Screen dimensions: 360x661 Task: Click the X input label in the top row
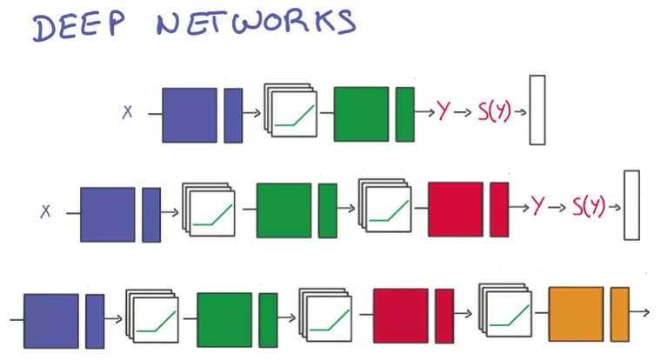coord(127,111)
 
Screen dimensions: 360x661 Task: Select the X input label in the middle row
coord(46,210)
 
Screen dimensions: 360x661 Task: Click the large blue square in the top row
coord(189,114)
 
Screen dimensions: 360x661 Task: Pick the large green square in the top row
coord(361,113)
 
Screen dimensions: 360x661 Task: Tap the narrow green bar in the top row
coord(404,114)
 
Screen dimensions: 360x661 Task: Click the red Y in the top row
coord(444,110)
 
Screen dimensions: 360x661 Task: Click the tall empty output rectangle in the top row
coord(537,110)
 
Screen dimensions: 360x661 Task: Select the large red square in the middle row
coord(455,210)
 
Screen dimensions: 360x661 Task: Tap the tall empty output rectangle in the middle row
coord(631,205)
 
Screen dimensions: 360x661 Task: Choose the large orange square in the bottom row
coord(575,314)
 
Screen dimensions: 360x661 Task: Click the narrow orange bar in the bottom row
coord(619,314)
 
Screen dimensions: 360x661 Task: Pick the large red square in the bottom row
coord(400,314)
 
